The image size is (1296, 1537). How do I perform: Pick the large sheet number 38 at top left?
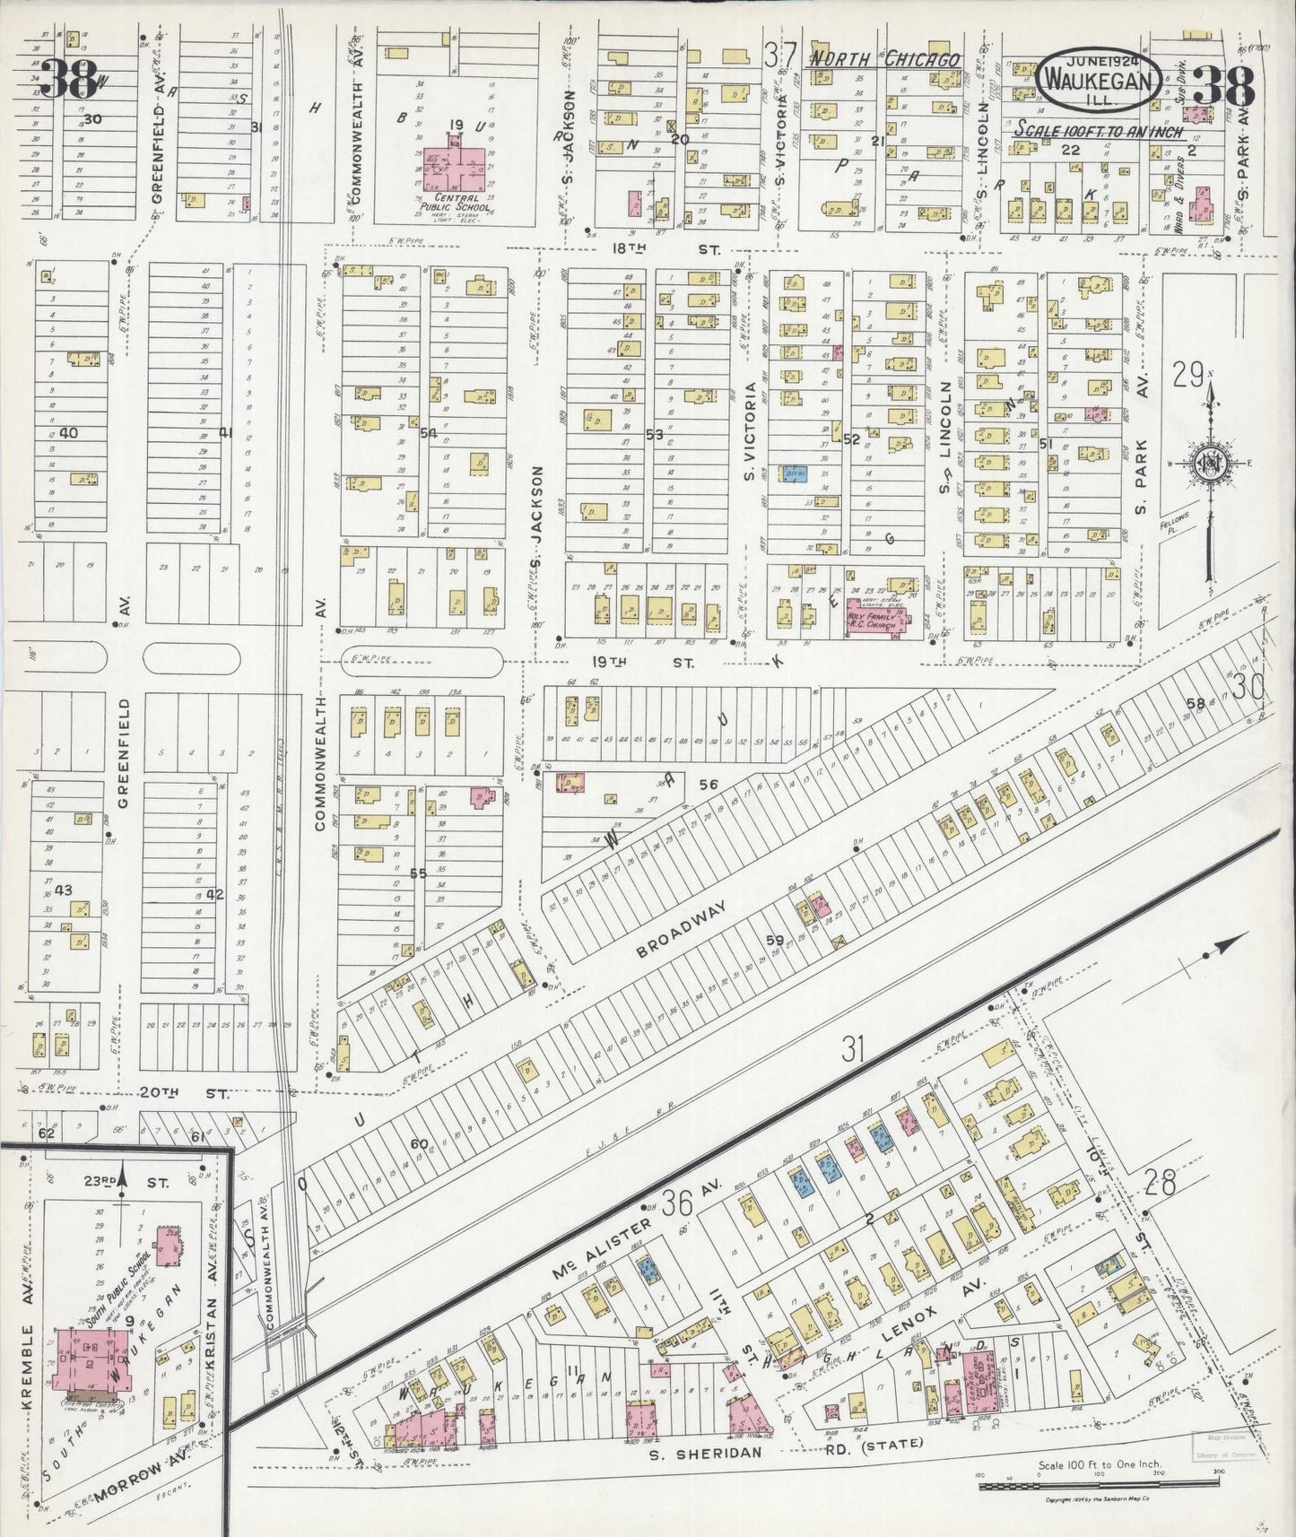click(70, 79)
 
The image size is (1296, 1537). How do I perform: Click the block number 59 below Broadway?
click(774, 941)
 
